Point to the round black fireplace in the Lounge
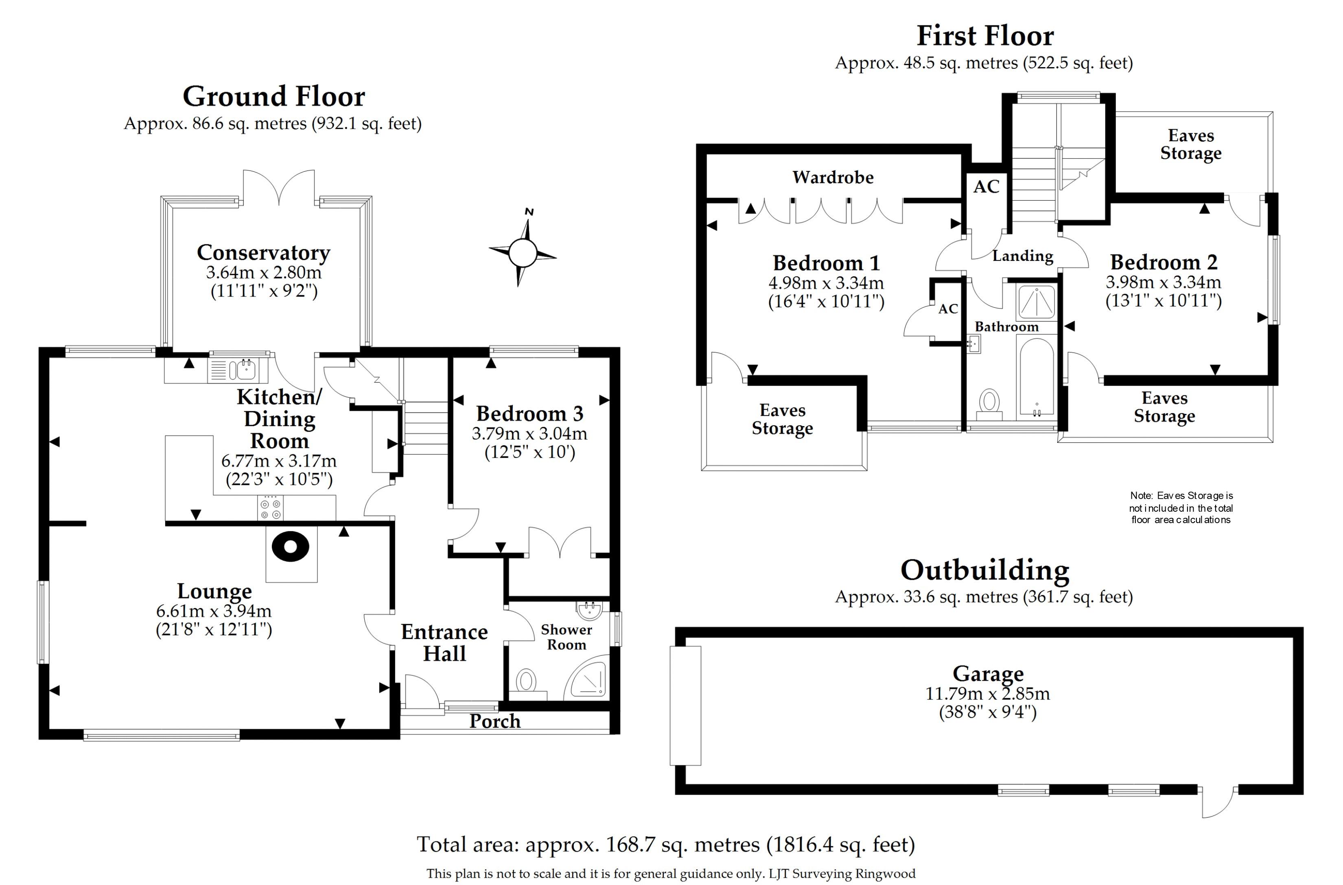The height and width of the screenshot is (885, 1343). pos(291,546)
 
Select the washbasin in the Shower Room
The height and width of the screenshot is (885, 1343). pos(590,609)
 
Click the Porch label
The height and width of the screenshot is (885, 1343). pos(495,721)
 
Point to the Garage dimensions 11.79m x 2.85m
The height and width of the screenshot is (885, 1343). pos(987,694)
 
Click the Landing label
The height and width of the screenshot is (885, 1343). pos(1022,256)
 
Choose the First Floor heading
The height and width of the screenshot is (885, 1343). pos(985,36)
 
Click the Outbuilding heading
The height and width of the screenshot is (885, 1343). pos(985,571)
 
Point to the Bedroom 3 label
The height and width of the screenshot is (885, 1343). pos(529,414)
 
